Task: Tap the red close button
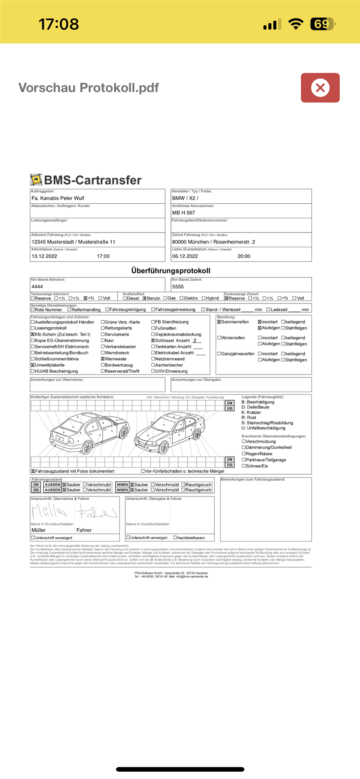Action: pos(320,88)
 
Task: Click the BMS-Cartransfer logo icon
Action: pos(36,180)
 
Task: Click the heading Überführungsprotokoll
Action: pos(170,271)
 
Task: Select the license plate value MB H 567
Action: pos(183,213)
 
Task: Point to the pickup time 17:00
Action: pos(103,256)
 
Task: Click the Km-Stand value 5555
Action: pos(178,286)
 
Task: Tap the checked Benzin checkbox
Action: pos(144,298)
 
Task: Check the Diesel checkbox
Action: pos(125,298)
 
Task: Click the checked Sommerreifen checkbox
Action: pos(219,322)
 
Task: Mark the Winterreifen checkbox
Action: pos(219,338)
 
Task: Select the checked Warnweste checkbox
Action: pos(103,359)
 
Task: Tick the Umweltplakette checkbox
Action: pos(33,365)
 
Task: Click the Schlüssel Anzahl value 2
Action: pos(195,341)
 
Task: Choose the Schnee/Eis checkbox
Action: pos(244,466)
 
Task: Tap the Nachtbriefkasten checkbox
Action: pos(175,538)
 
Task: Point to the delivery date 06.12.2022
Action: pos(185,256)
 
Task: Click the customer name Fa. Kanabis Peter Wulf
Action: pos(58,198)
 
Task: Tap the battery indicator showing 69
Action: pos(322,24)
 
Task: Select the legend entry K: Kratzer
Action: pos(251,413)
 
